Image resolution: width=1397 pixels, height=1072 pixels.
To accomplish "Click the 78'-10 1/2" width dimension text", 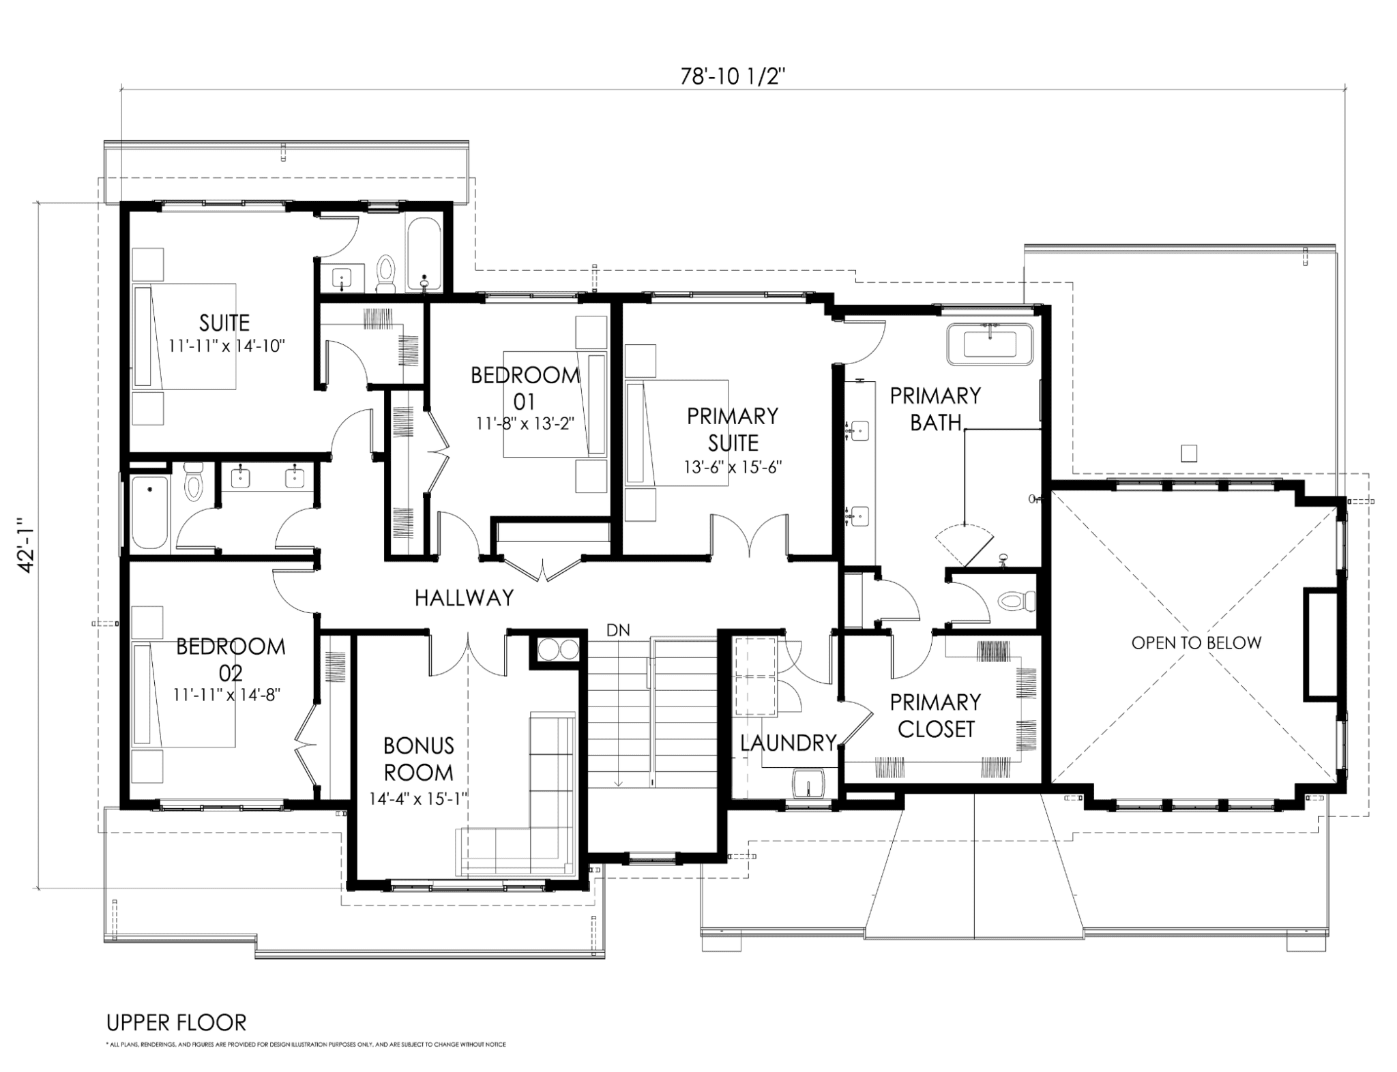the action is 733,76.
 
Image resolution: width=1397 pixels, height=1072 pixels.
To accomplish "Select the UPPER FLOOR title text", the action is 176,1023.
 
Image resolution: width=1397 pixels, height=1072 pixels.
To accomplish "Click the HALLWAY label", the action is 464,598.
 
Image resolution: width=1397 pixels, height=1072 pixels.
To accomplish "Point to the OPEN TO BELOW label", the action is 1196,642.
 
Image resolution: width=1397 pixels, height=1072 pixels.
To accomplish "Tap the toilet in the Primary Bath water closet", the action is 1015,601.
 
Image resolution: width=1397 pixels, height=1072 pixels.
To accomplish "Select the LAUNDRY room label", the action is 788,743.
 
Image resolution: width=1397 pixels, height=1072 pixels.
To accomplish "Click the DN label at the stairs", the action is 618,630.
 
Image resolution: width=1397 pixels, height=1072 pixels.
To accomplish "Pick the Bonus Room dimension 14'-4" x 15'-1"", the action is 418,799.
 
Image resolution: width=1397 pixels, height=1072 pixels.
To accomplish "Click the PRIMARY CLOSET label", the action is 935,715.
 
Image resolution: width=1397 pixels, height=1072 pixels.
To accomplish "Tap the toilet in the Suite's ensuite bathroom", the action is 386,274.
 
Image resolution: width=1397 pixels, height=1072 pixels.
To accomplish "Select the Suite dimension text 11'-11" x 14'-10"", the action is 226,345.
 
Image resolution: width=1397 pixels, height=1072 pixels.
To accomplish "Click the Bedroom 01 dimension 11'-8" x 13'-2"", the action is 525,423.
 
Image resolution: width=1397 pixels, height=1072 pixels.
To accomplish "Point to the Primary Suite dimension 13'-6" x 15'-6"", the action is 733,467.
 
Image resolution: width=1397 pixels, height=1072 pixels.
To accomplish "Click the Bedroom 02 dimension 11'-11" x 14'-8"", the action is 227,695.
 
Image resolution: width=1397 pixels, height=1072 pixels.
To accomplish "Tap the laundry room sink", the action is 809,783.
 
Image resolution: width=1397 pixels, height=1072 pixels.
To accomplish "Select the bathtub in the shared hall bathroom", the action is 149,512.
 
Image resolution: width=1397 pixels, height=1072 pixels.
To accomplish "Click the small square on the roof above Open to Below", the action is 1189,453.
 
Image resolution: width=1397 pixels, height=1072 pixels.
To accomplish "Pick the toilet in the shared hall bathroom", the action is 195,481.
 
